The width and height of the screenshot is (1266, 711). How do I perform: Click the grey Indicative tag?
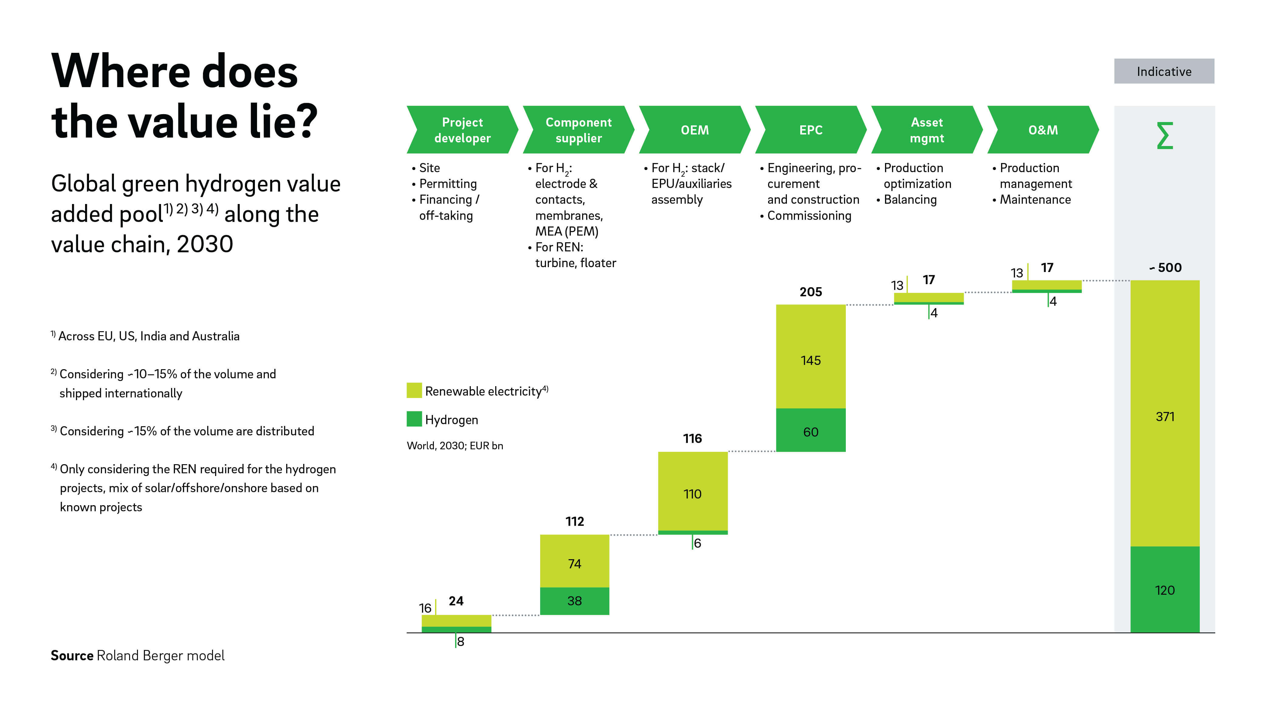[x=1164, y=71]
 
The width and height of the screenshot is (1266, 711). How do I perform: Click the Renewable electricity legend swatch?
[x=414, y=390]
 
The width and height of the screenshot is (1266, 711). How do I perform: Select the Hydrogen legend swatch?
[x=414, y=419]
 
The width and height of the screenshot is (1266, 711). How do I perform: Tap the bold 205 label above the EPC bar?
[x=810, y=292]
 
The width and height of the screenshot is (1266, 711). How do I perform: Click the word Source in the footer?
[x=72, y=655]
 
